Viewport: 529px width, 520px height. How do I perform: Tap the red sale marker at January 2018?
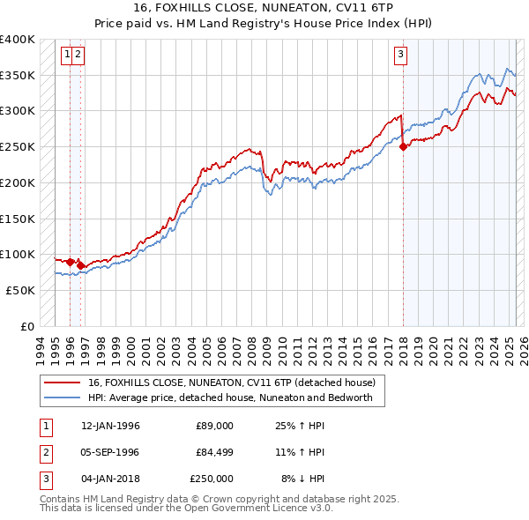pos(403,147)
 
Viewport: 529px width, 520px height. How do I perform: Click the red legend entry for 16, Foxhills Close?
pos(231,383)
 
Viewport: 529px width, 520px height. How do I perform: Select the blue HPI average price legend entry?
pos(230,397)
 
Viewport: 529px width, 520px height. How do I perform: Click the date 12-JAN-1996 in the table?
pos(110,426)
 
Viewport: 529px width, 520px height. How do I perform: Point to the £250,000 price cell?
pos(212,479)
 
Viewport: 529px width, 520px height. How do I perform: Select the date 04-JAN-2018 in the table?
pos(110,479)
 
